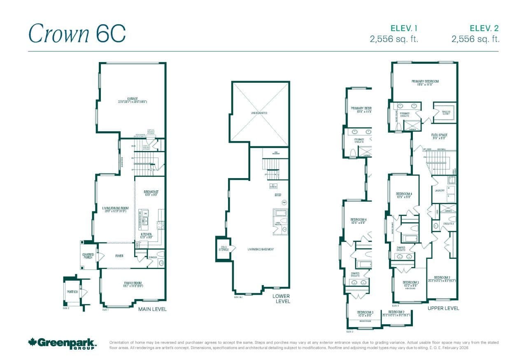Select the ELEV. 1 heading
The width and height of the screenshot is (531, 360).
pos(404,28)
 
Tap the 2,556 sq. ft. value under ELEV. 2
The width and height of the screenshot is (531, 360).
pos(475,39)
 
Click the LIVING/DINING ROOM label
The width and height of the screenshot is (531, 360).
pos(113,210)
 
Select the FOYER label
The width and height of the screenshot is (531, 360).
pos(119,256)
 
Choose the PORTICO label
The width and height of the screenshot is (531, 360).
pos(72,292)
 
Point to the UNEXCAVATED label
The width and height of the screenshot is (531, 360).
pos(259,113)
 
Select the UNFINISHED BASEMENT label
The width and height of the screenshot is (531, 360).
pos(261,249)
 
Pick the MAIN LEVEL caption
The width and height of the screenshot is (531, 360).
pos(152,309)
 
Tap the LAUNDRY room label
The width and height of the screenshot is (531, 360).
pos(439,190)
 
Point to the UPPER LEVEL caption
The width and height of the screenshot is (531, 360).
pos(443,308)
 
